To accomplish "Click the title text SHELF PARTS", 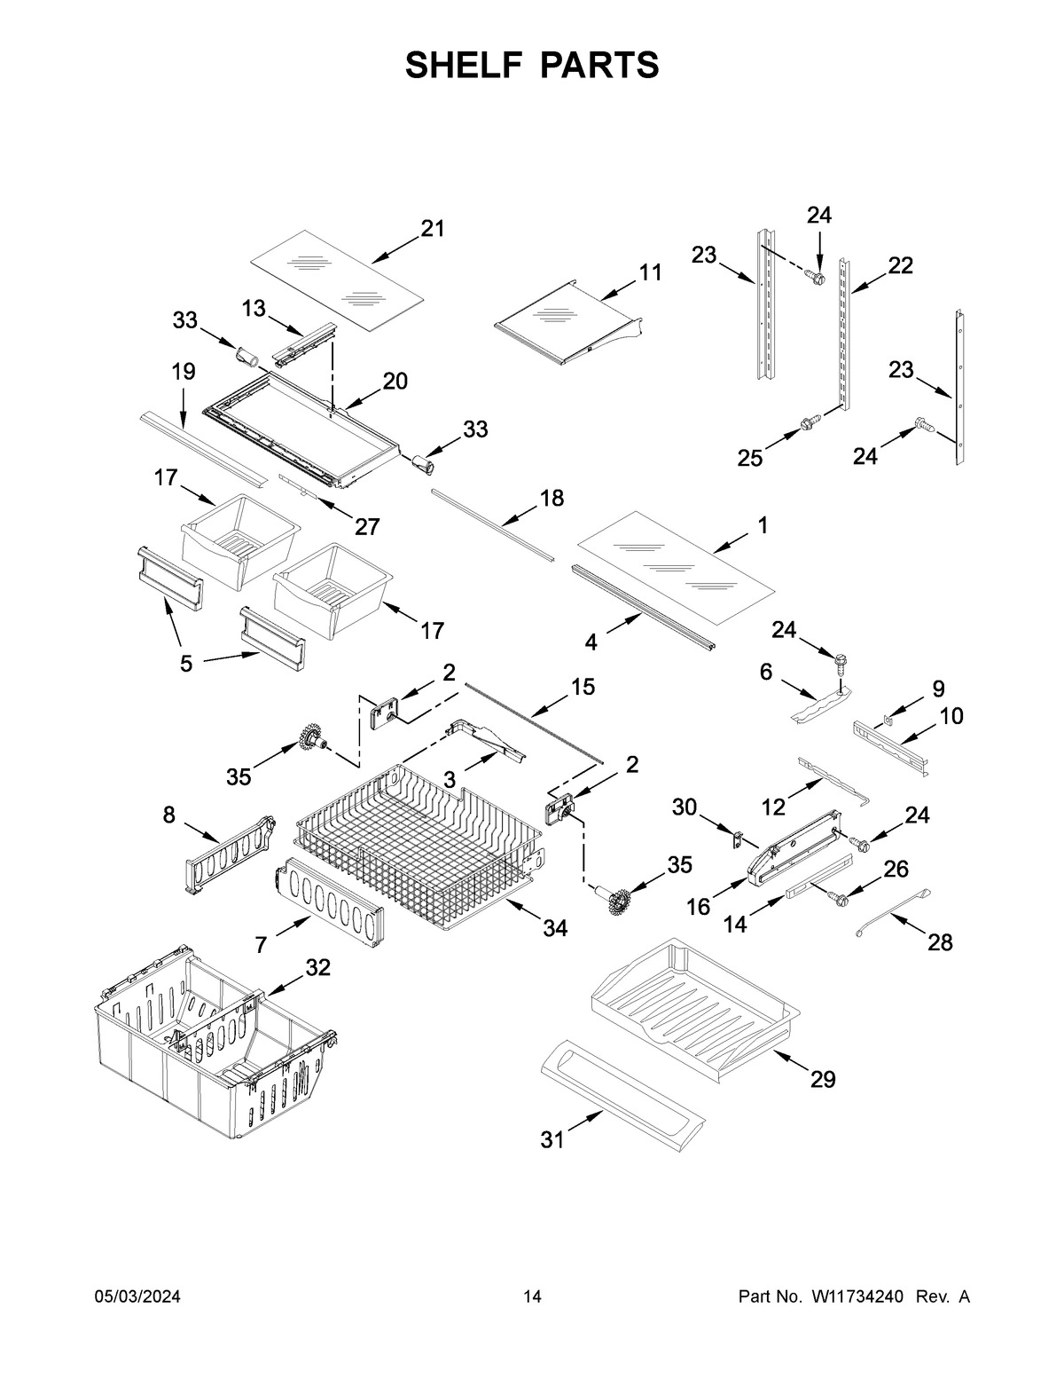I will coord(532,65).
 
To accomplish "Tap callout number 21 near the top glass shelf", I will coord(432,229).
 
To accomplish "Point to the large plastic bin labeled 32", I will coord(213,1047).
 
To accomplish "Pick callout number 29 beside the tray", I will coord(823,1079).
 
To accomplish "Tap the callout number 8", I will coord(168,815).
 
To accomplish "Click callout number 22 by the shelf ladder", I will coord(900,265).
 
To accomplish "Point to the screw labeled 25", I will coord(809,424).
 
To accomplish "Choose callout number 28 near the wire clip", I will coord(940,942).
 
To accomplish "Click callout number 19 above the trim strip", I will coord(184,372).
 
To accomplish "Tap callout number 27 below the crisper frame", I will coord(367,526).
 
